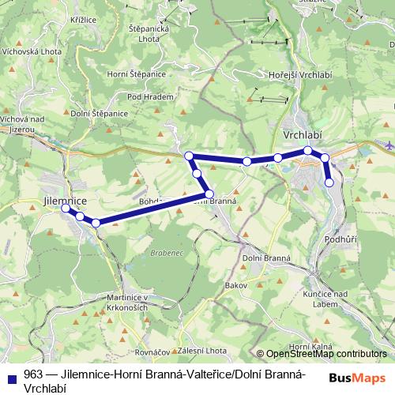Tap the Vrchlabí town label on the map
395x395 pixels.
(x=303, y=134)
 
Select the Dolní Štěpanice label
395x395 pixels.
(x=100, y=114)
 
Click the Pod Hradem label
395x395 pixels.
(x=144, y=96)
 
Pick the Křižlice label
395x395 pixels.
(x=83, y=17)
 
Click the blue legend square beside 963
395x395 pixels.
(x=11, y=377)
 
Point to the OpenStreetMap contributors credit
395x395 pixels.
(x=325, y=354)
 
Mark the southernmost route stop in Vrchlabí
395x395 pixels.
(x=329, y=182)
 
